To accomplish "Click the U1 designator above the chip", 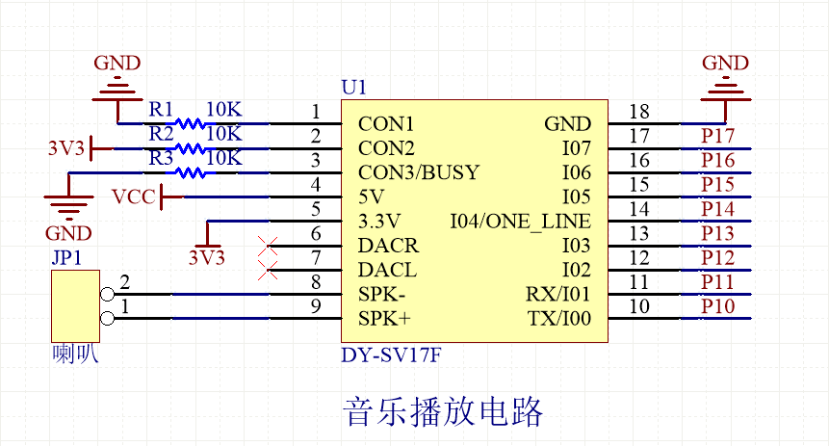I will click(353, 88).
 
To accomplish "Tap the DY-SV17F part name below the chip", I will click(391, 354).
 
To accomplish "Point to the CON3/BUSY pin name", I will click(419, 173).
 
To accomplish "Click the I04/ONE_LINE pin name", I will click(520, 222).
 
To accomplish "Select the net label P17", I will click(718, 136).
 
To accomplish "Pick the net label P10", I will click(718, 306).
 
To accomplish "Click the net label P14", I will click(718, 209).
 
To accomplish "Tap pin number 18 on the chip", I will click(639, 112).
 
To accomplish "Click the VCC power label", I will click(132, 197).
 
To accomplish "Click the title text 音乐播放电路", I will click(444, 411).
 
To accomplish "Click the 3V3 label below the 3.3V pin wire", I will click(206, 257).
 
